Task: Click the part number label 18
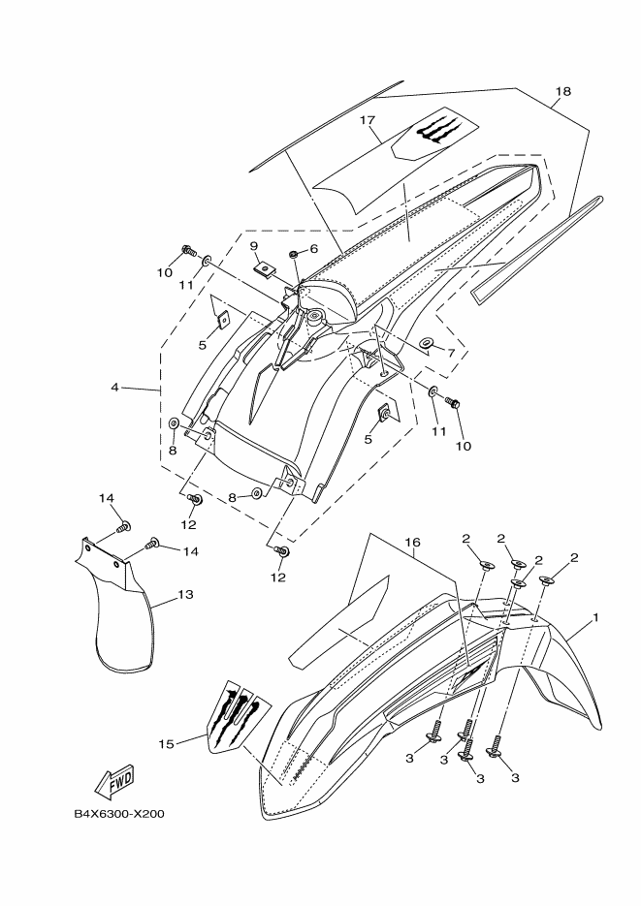pos(562,92)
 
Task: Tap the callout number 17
pos(367,120)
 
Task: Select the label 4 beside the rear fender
pos(115,387)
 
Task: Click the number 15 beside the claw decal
pos(166,743)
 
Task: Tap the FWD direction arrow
pos(114,780)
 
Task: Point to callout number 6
pos(314,249)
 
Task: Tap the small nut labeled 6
pos(293,254)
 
